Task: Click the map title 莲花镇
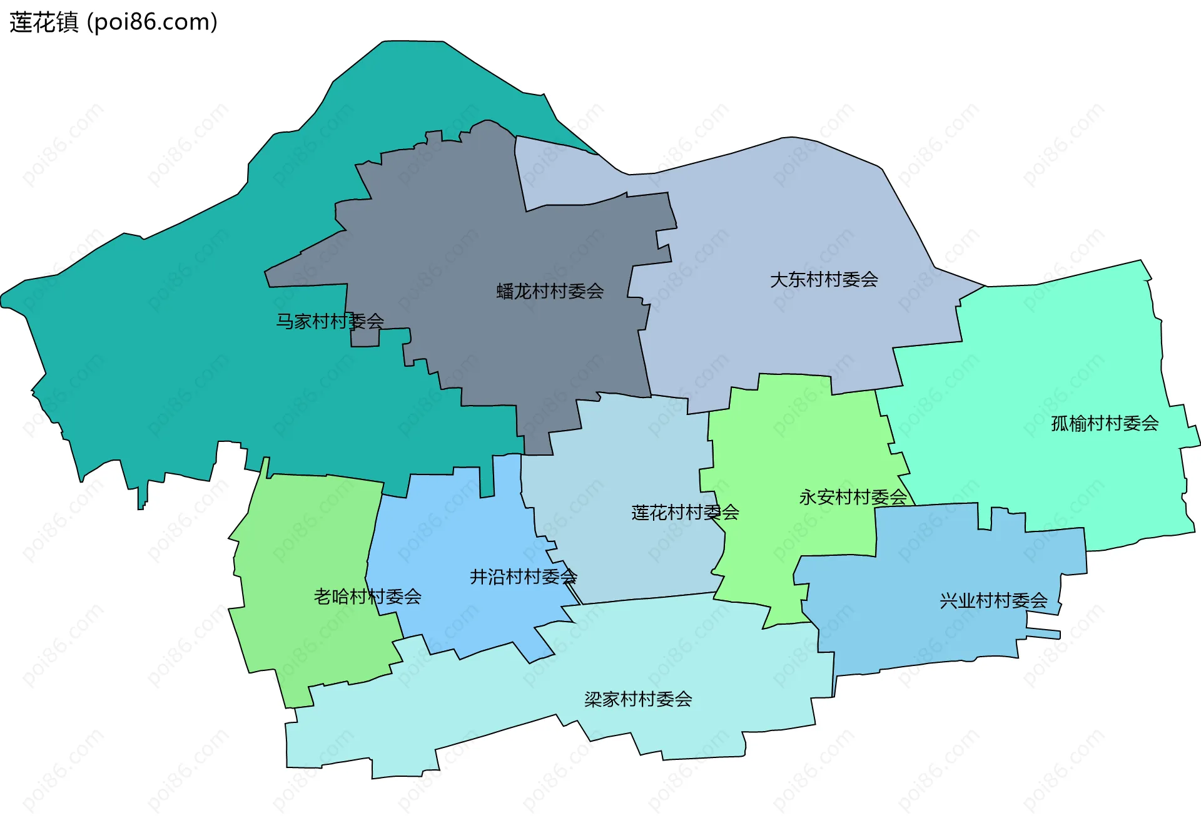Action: coord(44,23)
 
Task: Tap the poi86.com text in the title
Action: coord(153,23)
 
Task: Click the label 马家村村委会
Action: coord(330,321)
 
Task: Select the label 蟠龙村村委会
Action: coord(550,291)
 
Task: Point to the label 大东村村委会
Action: coord(824,279)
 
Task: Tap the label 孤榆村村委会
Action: coord(1105,424)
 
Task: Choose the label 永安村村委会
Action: coord(853,497)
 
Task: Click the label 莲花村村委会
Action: coord(685,513)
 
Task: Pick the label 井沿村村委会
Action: coord(523,577)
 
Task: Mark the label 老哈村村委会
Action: coord(367,597)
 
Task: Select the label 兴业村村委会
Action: coord(993,601)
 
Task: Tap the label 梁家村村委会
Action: coord(638,699)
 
